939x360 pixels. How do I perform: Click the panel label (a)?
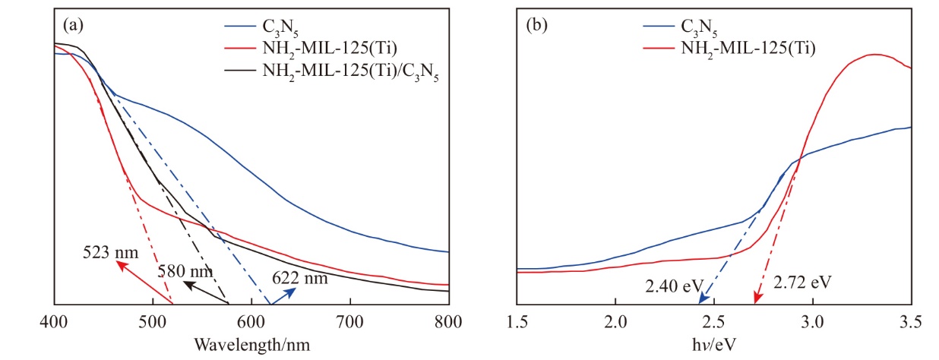pyautogui.click(x=73, y=25)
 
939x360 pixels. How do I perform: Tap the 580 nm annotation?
pyautogui.click(x=185, y=271)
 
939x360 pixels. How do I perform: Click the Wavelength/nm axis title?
pyautogui.click(x=251, y=343)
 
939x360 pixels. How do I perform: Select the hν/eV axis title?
pyautogui.click(x=713, y=343)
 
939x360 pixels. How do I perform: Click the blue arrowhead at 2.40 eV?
pyautogui.click(x=700, y=302)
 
